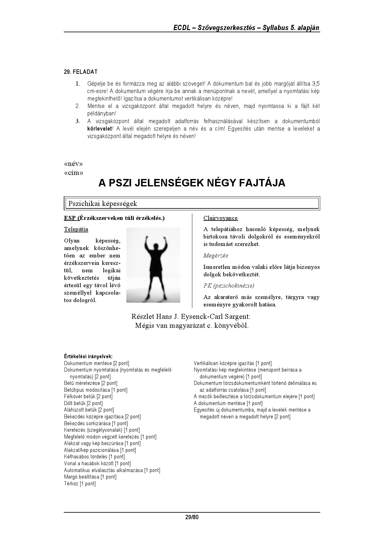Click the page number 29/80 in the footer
point(192,517)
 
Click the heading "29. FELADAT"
point(81,72)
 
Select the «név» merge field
point(73,164)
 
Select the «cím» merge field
point(74,173)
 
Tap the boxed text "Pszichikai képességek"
point(103,204)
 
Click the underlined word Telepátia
point(76,229)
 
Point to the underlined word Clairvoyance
point(220,218)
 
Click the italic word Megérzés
point(216,256)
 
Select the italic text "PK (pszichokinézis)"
point(229,285)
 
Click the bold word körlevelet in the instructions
point(99,129)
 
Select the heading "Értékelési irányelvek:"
point(88,357)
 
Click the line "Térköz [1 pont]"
point(80,484)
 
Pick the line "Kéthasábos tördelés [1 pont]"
point(94,457)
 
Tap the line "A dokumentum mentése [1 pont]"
point(228,403)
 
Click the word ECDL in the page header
point(181,28)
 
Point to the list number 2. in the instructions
point(78,106)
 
